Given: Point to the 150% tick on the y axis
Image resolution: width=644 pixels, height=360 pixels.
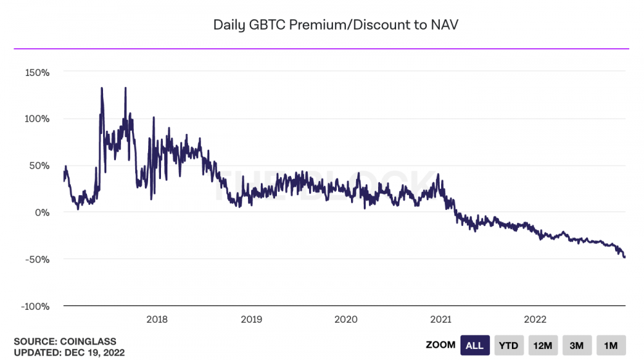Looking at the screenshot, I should point(37,72).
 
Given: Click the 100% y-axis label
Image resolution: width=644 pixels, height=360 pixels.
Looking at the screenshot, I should point(37,119).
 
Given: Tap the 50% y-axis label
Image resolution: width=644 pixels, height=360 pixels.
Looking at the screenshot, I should point(39,166).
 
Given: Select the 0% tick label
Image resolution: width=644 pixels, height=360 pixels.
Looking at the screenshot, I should point(42,213).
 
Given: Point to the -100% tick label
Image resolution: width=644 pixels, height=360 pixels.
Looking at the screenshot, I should point(35,306).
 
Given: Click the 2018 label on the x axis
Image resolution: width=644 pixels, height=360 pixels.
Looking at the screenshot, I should point(157,319).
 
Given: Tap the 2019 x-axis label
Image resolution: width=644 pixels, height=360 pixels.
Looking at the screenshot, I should point(251,319).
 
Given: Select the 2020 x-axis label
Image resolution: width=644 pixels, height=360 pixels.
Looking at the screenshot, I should point(346,319).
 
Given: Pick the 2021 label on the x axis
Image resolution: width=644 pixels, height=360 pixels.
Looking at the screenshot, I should point(440,319).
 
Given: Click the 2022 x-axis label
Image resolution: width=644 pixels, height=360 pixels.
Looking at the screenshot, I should point(535,319).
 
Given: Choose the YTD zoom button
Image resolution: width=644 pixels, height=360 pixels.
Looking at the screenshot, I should point(509,346).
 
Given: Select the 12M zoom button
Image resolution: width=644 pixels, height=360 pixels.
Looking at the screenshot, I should point(543,346).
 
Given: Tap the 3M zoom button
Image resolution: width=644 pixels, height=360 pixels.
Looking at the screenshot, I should point(577,346).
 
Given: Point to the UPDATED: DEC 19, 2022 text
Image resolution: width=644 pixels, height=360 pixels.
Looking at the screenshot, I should point(69,352).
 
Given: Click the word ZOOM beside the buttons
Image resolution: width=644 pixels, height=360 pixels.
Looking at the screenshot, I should point(440,346).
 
